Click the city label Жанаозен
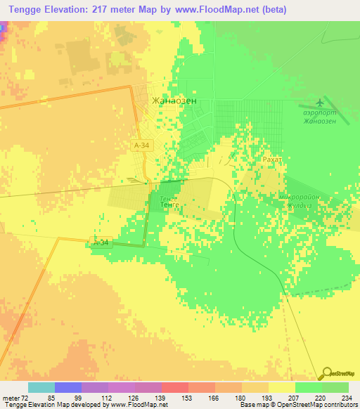(x=174, y=100)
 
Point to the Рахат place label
(x=272, y=160)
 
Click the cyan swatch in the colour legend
(x=41, y=388)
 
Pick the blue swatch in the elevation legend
(x=68, y=388)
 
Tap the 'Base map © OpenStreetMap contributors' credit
(x=298, y=405)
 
